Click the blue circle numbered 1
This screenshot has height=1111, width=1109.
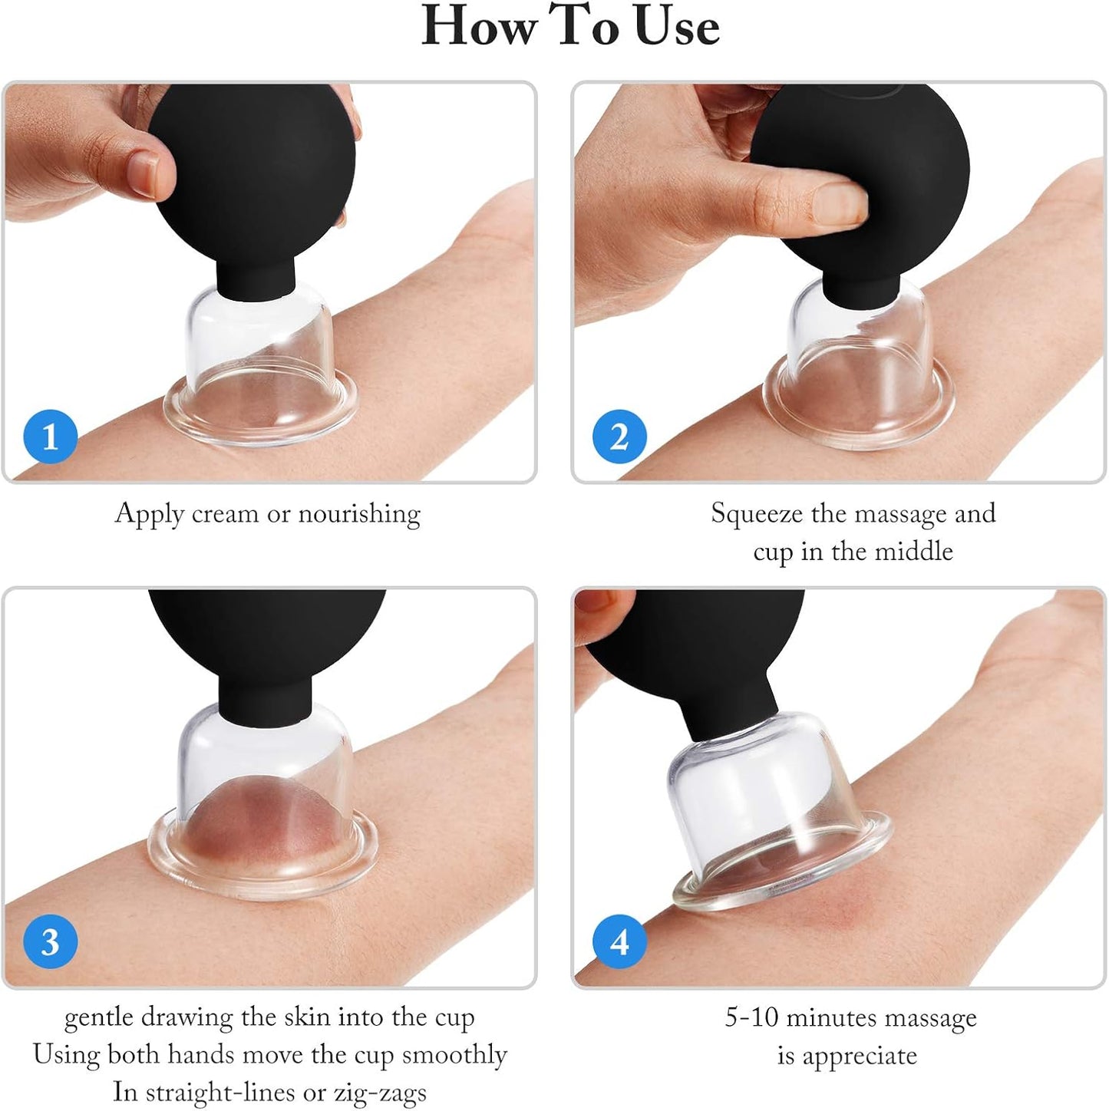(x=50, y=437)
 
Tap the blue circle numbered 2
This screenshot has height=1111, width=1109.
(x=619, y=437)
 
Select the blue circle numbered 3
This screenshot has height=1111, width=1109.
(x=50, y=941)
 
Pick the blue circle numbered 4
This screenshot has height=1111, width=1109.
(x=619, y=941)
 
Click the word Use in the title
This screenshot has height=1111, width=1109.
(x=677, y=27)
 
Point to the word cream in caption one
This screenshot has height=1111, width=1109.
(x=225, y=513)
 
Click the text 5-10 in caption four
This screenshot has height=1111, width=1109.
(x=752, y=1017)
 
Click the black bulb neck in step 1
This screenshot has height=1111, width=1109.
(x=257, y=276)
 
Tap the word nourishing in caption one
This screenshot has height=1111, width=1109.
(x=359, y=513)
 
